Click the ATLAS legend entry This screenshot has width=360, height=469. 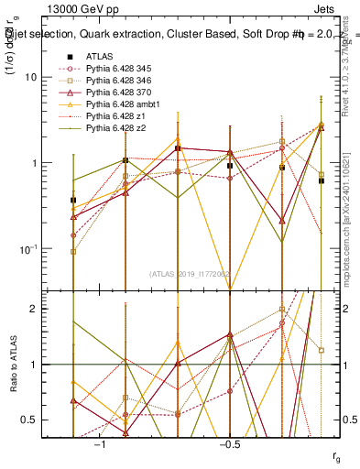(100, 56)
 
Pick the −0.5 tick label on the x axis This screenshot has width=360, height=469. (229, 443)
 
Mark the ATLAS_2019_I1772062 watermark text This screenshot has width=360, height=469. (191, 274)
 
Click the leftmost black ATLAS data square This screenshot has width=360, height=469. (73, 200)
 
